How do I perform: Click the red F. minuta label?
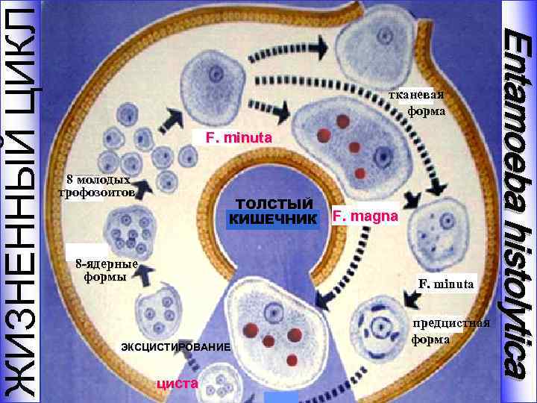[233, 139]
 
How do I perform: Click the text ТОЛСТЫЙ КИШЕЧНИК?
[272, 211]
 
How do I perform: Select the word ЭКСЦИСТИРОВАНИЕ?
[175, 348]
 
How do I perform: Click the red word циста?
[177, 384]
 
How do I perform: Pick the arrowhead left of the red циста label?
[192, 363]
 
